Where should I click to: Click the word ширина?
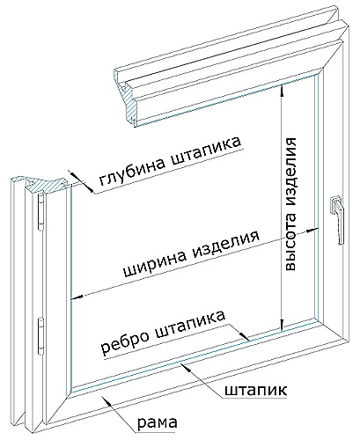(155, 260)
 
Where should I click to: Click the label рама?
(158, 422)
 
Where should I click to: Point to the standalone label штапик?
(255, 390)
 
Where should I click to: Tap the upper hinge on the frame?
(41, 212)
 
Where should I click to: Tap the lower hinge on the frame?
(41, 336)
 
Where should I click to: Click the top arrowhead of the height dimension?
(282, 89)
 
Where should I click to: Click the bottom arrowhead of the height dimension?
(282, 326)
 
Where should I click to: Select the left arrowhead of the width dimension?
(77, 297)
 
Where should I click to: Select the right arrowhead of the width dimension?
(312, 230)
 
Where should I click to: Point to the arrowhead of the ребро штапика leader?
(245, 336)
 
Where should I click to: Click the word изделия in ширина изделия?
(225, 244)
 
